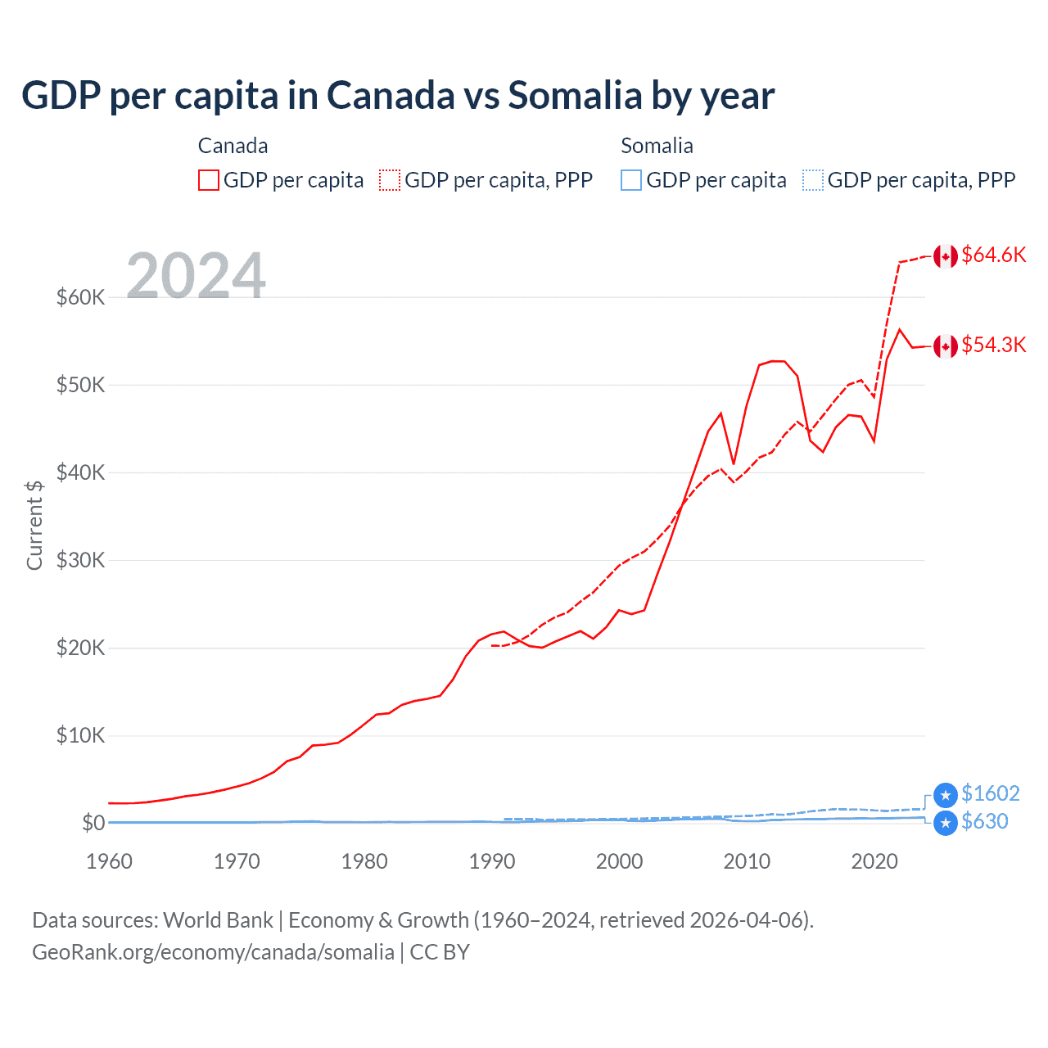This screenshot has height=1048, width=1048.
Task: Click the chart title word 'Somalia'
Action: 575,96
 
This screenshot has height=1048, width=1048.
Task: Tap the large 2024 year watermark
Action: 196,276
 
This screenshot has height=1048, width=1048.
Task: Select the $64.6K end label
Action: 993,255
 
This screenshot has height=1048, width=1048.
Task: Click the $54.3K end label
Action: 993,345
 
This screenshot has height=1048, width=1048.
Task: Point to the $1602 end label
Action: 990,793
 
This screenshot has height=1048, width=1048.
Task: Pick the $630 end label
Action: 985,821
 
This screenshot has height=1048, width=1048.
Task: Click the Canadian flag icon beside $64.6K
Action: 946,256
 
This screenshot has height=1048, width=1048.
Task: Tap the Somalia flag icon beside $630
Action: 946,823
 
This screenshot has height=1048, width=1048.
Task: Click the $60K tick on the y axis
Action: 80,297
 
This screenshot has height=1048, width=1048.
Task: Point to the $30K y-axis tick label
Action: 80,560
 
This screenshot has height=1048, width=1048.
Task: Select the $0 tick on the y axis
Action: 93,823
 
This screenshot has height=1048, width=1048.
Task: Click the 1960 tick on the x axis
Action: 109,861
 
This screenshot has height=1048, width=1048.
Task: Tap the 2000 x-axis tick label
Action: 619,861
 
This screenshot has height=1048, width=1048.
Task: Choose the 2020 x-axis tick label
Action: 874,861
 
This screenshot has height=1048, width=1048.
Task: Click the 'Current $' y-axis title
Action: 34,525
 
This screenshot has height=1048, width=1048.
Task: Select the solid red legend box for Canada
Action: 209,180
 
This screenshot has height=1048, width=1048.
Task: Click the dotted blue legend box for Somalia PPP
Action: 813,180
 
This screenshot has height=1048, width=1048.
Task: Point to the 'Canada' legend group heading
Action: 233,146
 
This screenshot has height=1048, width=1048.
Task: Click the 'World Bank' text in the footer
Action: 218,920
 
